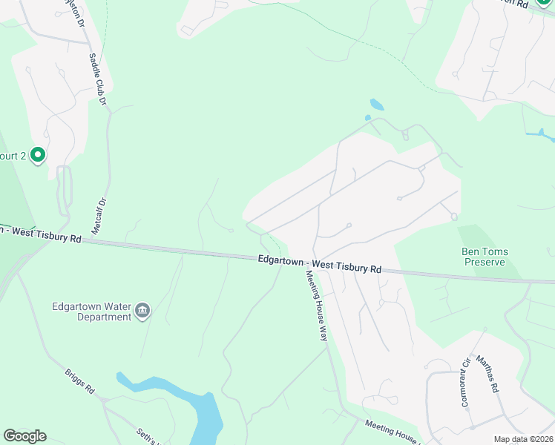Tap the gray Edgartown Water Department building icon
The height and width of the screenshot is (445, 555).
click(x=142, y=311)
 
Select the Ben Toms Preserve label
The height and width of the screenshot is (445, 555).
click(x=485, y=257)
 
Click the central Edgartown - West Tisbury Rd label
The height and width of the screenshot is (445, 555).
click(x=320, y=263)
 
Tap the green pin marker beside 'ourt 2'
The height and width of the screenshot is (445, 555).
click(x=37, y=156)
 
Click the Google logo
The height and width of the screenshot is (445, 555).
click(x=24, y=436)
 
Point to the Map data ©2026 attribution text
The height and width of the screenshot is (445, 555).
click(x=523, y=438)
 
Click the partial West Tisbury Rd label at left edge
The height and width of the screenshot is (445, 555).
click(x=41, y=234)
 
